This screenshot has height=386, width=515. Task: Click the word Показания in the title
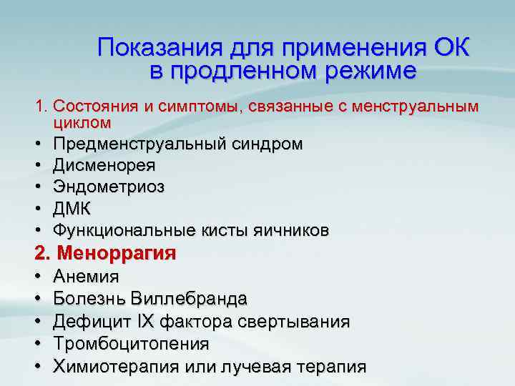160,48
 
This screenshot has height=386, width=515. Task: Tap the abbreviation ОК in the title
452,48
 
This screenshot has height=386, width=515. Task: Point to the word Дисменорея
104,165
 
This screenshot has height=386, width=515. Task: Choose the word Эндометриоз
109,187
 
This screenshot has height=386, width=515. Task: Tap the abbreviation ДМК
72,208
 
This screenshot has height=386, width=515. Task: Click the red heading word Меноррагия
116,253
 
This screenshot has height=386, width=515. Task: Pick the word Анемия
86,276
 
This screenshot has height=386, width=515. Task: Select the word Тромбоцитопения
131,344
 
